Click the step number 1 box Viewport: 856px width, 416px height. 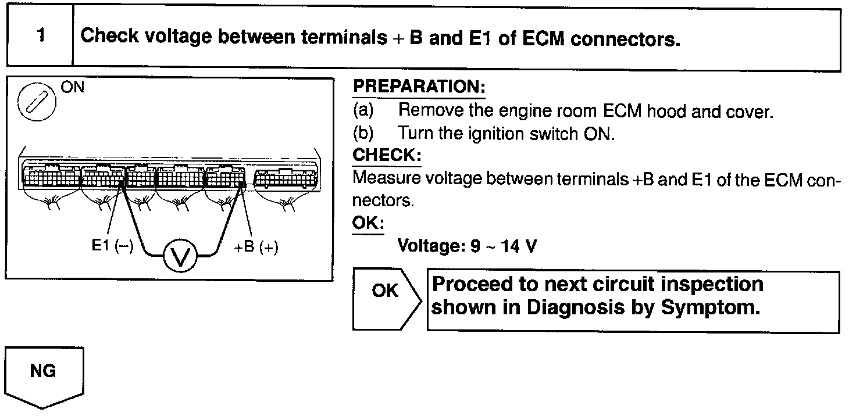point(40,36)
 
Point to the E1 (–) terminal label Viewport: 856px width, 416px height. point(112,246)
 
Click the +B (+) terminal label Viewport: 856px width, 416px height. point(256,247)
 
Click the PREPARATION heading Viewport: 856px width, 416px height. point(419,87)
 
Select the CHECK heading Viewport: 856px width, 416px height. point(387,156)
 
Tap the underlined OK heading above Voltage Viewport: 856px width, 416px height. point(368,223)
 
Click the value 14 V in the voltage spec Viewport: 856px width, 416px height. point(519,246)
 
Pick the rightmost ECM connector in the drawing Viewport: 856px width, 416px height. point(286,177)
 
